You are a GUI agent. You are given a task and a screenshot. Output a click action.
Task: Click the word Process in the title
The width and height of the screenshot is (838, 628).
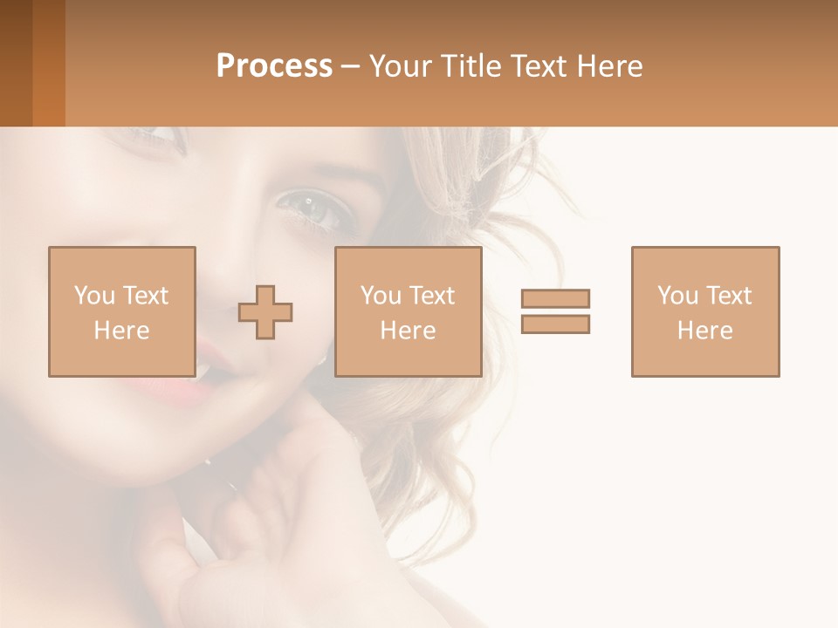point(274,66)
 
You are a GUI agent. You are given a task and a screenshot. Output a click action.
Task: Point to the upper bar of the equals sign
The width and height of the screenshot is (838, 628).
point(555,298)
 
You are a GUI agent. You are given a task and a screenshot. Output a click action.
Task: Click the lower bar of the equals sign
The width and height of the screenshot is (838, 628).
point(555,324)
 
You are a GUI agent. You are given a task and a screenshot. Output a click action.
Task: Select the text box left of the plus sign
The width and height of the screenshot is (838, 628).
point(121,311)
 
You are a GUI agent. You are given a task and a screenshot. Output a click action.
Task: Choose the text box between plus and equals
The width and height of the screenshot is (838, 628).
point(408,311)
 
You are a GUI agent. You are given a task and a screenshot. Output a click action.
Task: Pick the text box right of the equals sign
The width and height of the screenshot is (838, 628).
point(704,311)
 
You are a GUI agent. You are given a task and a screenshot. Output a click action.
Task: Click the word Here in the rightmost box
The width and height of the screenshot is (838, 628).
point(704,331)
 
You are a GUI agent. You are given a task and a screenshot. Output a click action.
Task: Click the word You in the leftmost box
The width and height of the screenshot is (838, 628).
point(94,296)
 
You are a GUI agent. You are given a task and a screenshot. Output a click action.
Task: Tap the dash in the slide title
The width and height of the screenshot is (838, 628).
point(351,66)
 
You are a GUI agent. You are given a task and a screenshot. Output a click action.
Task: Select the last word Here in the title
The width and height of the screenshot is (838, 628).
point(609,66)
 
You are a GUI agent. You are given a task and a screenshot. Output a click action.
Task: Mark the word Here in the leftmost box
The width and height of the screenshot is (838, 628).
point(121,331)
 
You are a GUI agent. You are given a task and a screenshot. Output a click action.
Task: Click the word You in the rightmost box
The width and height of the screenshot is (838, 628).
point(677,296)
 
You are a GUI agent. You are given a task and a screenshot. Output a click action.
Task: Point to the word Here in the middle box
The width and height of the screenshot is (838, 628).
point(408,331)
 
